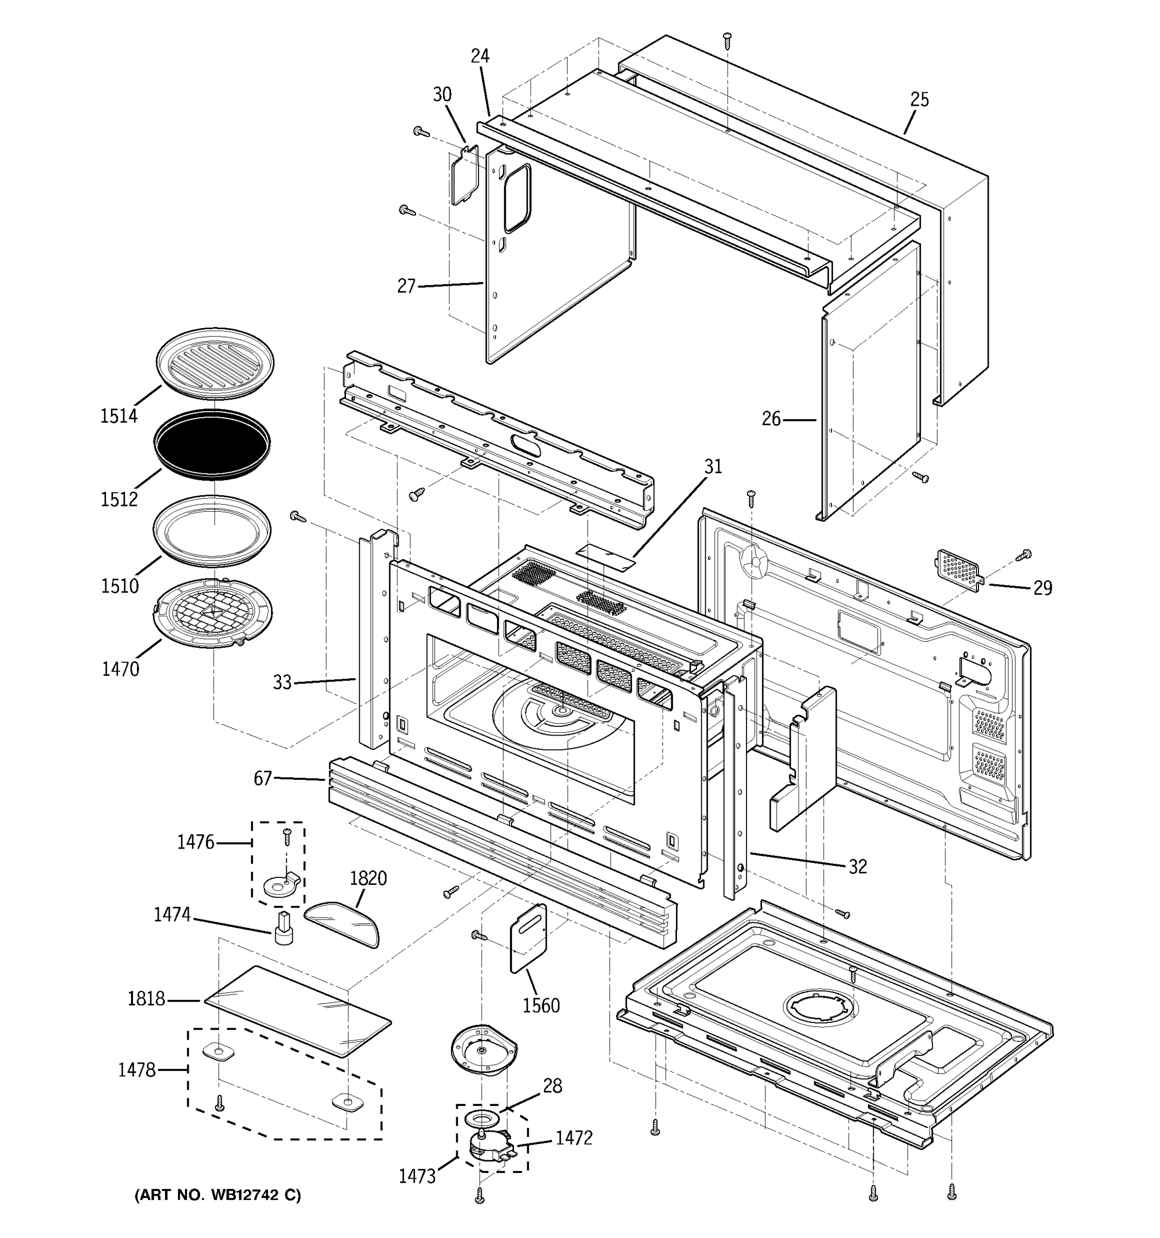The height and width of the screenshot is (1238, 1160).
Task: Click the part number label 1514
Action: [119, 416]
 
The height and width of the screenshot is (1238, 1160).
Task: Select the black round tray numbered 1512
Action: [212, 444]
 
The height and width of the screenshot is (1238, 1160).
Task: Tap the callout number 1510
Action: [120, 585]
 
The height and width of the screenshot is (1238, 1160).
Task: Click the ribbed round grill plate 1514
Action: [214, 363]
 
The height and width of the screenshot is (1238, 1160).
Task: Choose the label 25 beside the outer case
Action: [919, 100]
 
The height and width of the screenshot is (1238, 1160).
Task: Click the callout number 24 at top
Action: [480, 56]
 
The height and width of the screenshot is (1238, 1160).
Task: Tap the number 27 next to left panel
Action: [406, 286]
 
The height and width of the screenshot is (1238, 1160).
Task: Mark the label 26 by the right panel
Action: [771, 419]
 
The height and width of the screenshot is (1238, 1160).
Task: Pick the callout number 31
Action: [713, 466]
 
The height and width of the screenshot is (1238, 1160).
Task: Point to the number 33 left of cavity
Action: [282, 682]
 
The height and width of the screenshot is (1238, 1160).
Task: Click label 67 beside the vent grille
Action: [262, 778]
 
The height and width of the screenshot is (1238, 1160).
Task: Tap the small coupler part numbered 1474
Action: [284, 927]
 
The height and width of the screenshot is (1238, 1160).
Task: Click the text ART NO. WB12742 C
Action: [218, 1195]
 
